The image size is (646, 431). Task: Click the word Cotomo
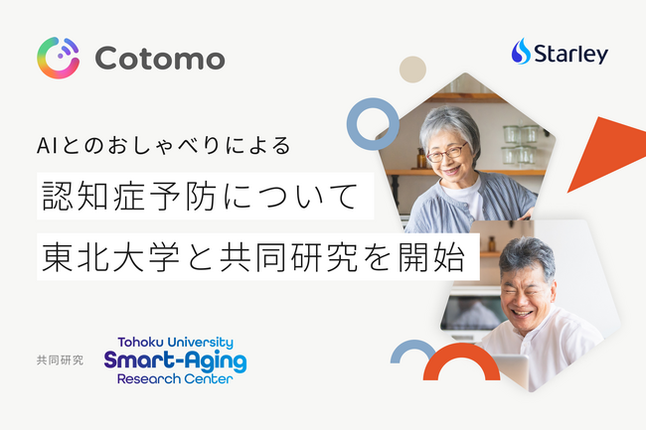point(160,58)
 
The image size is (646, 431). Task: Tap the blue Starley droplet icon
point(522,53)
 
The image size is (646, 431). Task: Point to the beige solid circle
point(412,69)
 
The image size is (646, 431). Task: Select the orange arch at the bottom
point(461,367)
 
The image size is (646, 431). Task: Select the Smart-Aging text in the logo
point(175,359)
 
